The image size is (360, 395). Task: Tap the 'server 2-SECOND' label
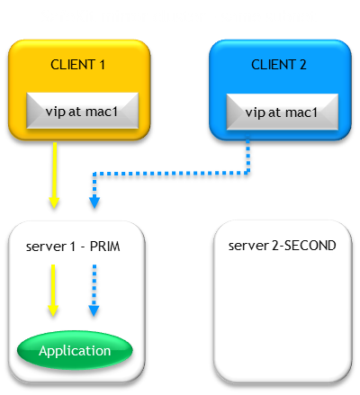[x=282, y=246]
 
